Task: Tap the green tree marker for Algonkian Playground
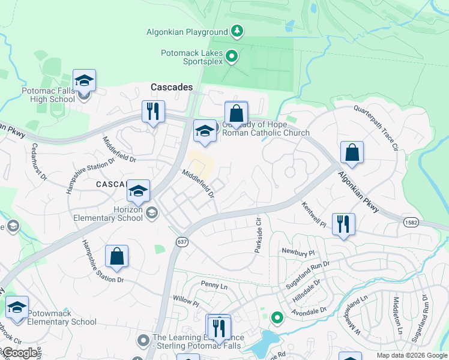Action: [x=238, y=31]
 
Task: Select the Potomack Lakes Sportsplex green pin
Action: [x=234, y=58]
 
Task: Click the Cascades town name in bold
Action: [x=172, y=87]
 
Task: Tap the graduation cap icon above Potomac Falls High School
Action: [x=85, y=80]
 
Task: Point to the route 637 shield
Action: [x=181, y=242]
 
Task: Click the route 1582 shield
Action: [x=408, y=222]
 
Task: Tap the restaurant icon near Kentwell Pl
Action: [x=343, y=224]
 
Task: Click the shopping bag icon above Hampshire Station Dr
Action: [x=117, y=256]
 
